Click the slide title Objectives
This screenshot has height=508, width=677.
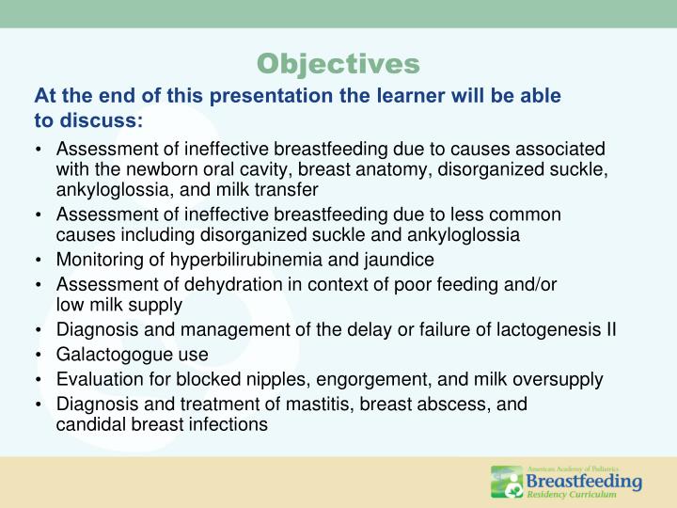coord(338,63)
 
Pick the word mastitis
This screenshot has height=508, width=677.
coord(295,405)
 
